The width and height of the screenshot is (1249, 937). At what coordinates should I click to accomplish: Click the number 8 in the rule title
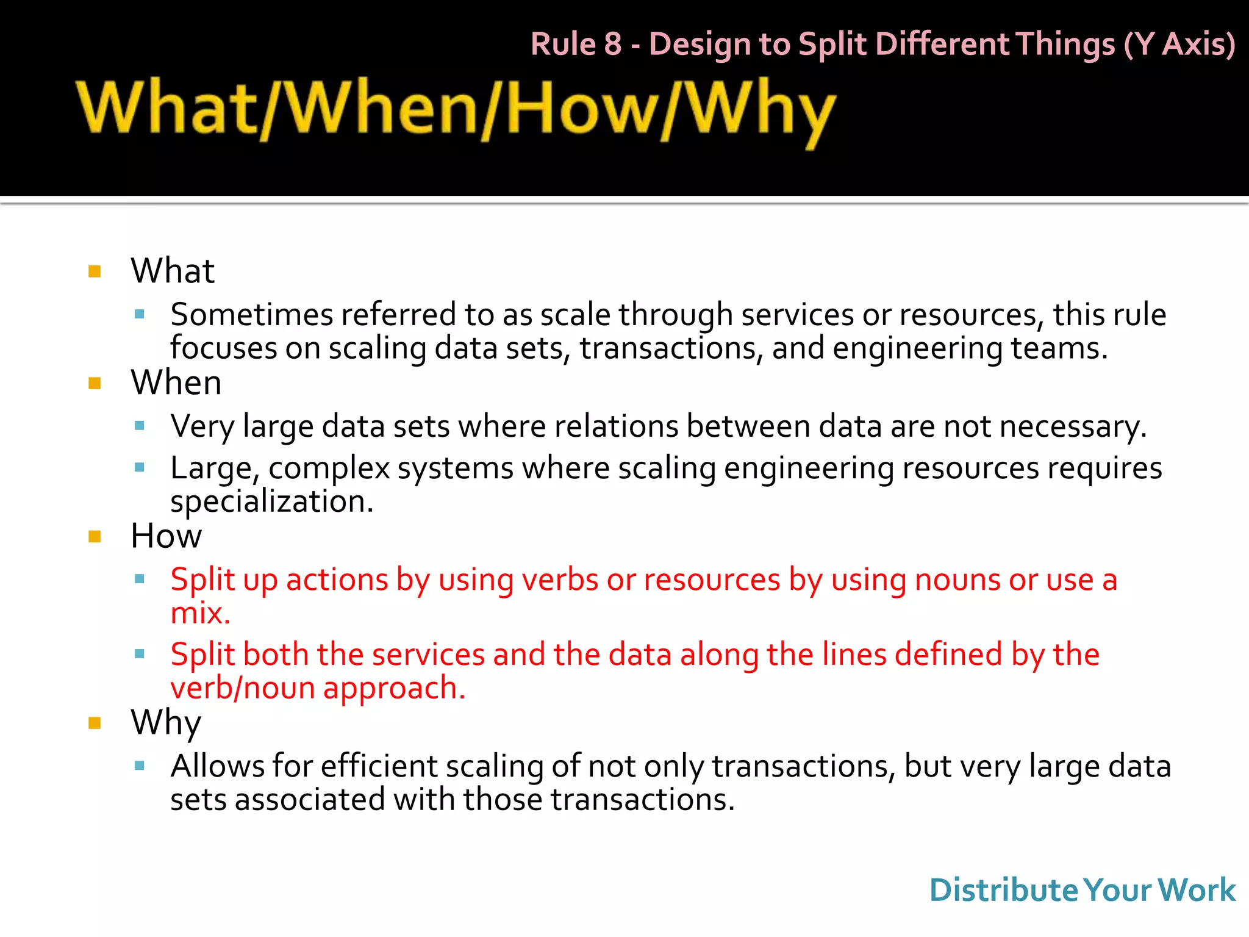point(612,45)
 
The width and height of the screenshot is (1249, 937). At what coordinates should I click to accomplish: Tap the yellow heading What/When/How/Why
point(456,110)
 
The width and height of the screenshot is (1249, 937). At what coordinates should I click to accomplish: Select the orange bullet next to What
point(95,271)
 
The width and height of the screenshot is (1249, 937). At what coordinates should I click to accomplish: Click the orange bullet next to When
point(95,383)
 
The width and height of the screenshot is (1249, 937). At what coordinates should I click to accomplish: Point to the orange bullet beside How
point(95,537)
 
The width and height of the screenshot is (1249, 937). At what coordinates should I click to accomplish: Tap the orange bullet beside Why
point(95,723)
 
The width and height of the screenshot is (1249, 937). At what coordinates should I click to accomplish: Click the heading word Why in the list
point(166,723)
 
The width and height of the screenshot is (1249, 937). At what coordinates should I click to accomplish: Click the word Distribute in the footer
point(1004,890)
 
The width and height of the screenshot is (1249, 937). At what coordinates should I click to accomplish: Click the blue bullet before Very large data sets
point(140,426)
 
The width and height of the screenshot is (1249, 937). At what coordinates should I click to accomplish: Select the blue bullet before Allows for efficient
point(140,766)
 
